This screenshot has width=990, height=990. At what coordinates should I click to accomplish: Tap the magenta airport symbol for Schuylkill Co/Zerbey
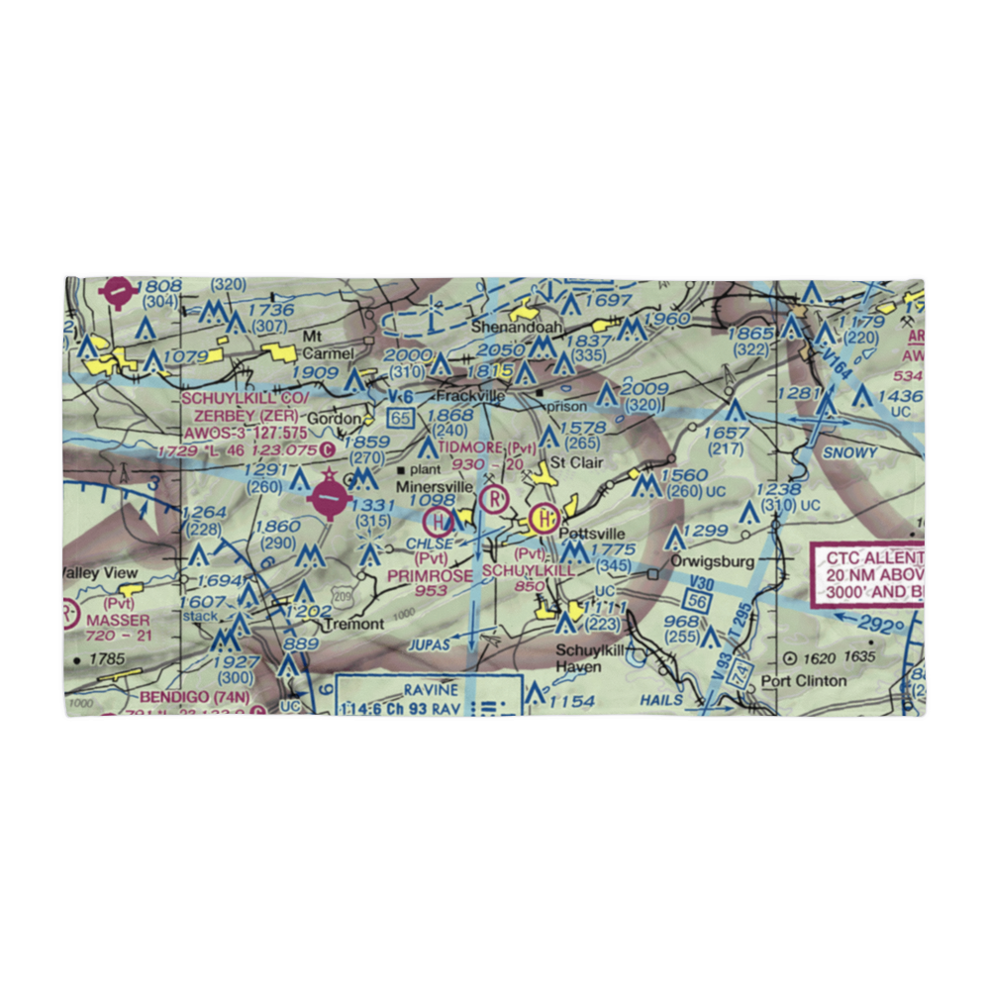point(328,498)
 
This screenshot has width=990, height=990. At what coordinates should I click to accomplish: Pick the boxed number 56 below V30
point(697,601)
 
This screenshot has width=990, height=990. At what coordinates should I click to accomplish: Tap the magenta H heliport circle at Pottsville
point(543,517)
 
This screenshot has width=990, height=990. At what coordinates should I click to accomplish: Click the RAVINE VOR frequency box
point(429,696)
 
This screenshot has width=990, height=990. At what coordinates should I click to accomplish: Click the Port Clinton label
point(803,681)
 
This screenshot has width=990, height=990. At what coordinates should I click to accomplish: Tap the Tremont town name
point(354,625)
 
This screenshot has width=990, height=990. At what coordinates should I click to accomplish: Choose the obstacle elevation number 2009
point(643,389)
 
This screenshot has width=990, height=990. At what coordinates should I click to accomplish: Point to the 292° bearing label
point(881,626)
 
